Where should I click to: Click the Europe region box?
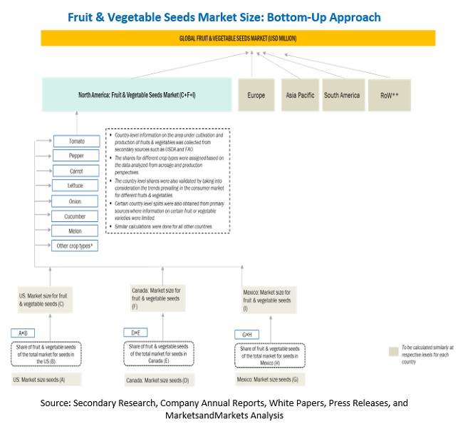click(x=256, y=95)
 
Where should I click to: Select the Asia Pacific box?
click(x=298, y=95)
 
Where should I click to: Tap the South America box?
click(x=343, y=95)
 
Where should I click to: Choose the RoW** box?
click(x=388, y=95)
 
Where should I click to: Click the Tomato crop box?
click(x=76, y=141)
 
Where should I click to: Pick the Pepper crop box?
click(x=76, y=156)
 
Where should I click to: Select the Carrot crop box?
click(x=76, y=171)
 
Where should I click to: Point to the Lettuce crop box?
click(x=76, y=186)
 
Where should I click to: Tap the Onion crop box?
click(x=76, y=201)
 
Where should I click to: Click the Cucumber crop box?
click(x=76, y=216)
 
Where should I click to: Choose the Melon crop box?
click(x=76, y=231)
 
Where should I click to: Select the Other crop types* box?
click(x=76, y=246)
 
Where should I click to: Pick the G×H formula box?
click(x=248, y=335)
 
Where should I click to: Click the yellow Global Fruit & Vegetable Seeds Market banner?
click(x=238, y=38)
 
